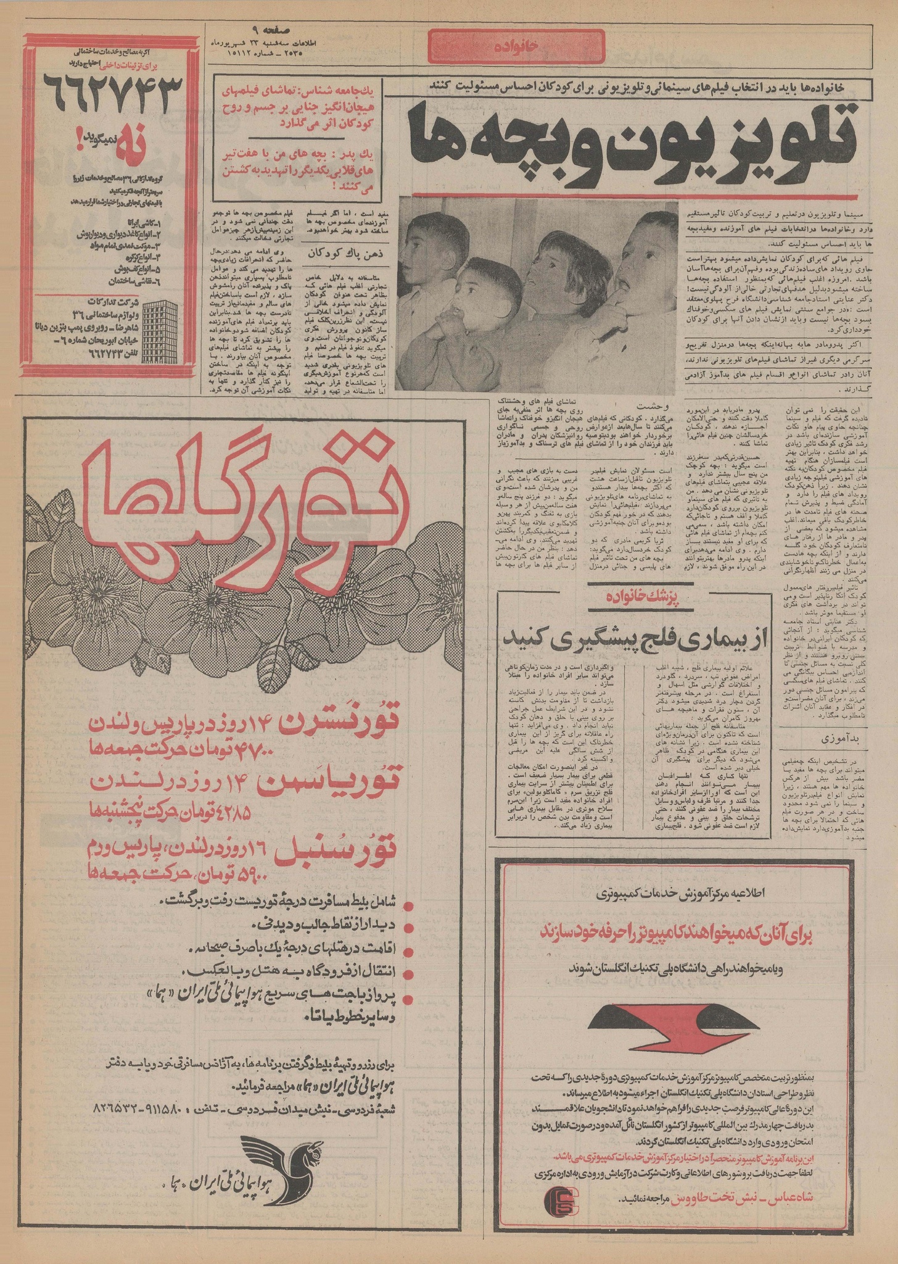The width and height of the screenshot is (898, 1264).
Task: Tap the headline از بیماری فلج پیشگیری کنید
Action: coord(633,638)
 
